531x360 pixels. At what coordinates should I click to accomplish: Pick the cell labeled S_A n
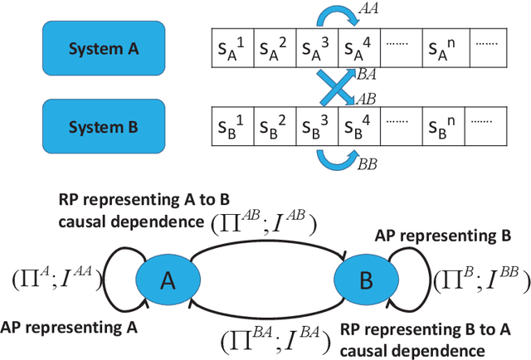pyautogui.click(x=446, y=49)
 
